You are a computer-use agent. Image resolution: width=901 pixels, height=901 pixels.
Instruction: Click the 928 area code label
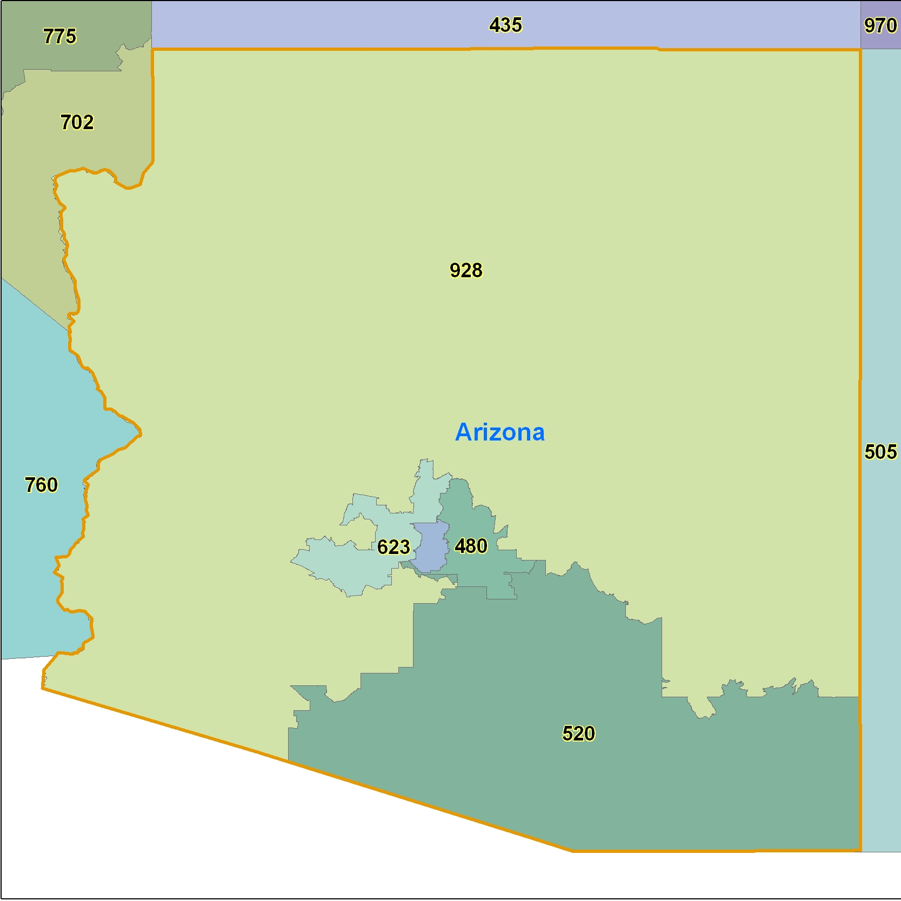coord(466,270)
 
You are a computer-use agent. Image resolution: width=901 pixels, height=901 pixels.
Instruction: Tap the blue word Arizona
coord(500,432)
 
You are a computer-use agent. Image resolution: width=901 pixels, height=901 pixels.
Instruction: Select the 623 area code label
coord(393,547)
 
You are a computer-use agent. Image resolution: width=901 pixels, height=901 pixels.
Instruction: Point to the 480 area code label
coord(471,546)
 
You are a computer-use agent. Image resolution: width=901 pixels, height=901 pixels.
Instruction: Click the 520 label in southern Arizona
coord(578,733)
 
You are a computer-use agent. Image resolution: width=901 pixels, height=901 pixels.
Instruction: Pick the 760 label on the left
coord(41,485)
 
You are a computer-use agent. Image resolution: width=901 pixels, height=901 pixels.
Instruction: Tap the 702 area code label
coord(77,122)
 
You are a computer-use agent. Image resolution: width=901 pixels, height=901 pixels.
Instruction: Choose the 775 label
coord(59,36)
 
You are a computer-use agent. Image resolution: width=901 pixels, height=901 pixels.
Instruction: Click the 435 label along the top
coord(505,25)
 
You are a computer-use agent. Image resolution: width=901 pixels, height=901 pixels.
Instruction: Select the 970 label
coord(880,25)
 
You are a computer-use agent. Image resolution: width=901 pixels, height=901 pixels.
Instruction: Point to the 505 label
coord(880,451)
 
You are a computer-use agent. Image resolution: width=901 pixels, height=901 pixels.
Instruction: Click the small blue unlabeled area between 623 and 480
coord(430,546)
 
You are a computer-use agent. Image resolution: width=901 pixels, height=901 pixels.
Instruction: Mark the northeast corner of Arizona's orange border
coord(860,50)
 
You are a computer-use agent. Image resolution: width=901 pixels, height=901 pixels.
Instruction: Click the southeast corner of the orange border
coord(860,850)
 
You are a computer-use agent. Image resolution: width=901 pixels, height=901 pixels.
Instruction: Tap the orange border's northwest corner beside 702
coord(153,50)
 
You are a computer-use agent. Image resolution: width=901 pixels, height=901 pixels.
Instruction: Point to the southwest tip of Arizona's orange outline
coord(43,688)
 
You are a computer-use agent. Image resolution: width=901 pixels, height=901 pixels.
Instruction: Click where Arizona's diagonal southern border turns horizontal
coord(572,851)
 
